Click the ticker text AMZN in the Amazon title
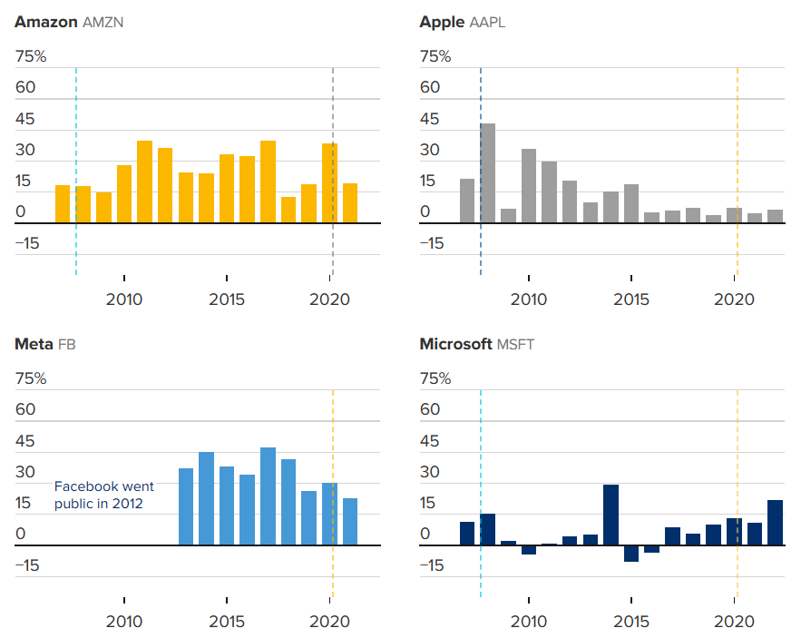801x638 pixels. (103, 23)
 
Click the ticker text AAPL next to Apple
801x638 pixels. (487, 23)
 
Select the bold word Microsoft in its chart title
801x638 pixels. (455, 344)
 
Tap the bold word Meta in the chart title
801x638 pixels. (34, 344)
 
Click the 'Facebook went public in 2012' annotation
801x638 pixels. (103, 495)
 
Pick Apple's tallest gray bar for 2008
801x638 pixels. (488, 173)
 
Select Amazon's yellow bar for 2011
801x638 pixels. (144, 182)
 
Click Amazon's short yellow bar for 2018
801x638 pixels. (288, 211)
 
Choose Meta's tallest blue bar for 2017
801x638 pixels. (268, 496)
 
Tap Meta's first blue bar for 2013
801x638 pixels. (186, 506)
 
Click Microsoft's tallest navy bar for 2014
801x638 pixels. (611, 515)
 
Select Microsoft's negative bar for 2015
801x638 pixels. (631, 553)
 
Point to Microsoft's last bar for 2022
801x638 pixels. (775, 523)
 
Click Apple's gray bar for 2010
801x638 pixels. (529, 186)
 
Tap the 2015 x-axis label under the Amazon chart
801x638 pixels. (227, 299)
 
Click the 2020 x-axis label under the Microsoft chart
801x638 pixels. (734, 622)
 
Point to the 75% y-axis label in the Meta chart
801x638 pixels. (31, 378)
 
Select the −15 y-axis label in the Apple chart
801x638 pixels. (432, 243)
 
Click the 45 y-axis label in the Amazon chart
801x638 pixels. (25, 119)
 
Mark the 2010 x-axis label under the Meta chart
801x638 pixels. (124, 622)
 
